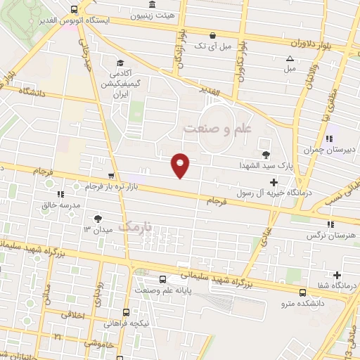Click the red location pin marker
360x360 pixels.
click(x=181, y=165)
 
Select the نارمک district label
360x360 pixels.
click(x=135, y=227)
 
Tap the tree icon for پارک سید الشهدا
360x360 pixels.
click(x=265, y=155)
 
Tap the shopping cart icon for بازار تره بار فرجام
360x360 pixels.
click(x=110, y=176)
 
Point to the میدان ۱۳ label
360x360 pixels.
click(x=98, y=229)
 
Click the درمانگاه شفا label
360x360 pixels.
click(x=336, y=285)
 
